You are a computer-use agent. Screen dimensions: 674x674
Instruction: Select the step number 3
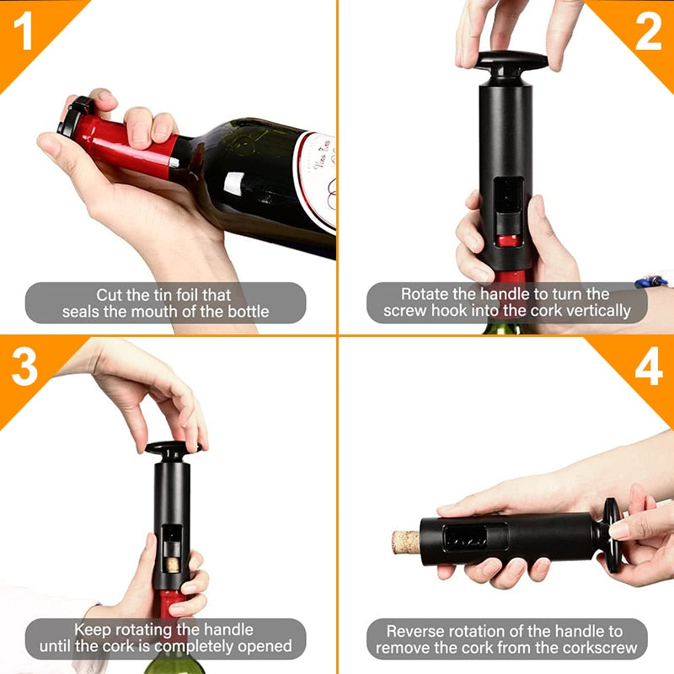coord(25,369)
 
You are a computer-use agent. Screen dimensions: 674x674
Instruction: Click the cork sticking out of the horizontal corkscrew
coord(405,541)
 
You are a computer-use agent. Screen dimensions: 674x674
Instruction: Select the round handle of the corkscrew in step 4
coord(612,532)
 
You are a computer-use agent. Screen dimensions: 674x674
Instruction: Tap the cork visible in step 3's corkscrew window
coord(172,559)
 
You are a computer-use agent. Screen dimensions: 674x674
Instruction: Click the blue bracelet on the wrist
coord(652,281)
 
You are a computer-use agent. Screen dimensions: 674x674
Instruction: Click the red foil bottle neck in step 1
coord(126,145)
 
